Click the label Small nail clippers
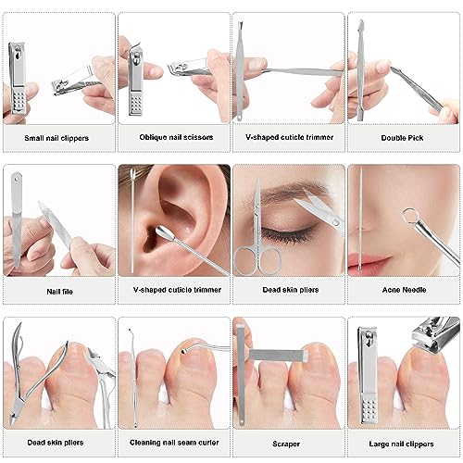coord(56,138)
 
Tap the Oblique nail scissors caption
coord(176,137)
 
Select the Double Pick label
coord(402,138)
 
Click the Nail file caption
coord(59,292)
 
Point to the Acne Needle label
coord(404,290)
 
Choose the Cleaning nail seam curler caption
coord(174,443)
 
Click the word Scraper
coord(286,444)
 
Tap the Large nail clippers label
coord(401,444)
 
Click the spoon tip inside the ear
coord(162,231)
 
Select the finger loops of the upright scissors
coord(257,260)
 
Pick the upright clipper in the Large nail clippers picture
coord(369,374)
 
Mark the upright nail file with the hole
coord(16,219)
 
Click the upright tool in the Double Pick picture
coord(360,70)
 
